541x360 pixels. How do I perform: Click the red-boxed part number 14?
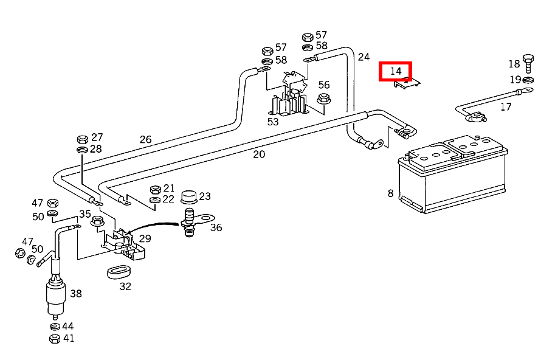pos(396,71)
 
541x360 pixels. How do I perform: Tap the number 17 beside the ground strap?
pos(506,107)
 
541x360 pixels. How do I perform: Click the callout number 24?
pos(364,57)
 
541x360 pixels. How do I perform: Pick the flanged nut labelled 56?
pos(324,99)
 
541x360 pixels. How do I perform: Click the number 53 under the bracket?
pos(273,122)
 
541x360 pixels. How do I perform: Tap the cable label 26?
pos(145,139)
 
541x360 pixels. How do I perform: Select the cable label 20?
pos(259,154)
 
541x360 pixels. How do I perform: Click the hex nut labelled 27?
pos(82,139)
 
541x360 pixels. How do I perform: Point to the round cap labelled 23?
pos(189,197)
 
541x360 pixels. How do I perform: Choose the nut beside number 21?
pos(154,189)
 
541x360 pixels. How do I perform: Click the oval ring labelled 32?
pos(120,271)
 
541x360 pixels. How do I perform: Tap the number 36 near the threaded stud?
pos(216,227)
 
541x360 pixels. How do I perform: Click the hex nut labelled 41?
pos(54,339)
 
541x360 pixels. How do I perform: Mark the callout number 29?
pos(145,239)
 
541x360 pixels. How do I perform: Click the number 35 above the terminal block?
pos(84,213)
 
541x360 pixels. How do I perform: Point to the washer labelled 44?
pos(54,327)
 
